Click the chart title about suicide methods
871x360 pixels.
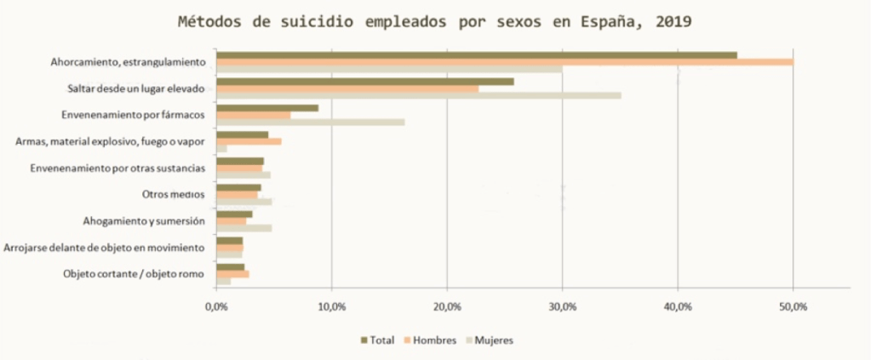pyautogui.click(x=434, y=21)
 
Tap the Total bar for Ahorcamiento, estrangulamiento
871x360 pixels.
pyautogui.click(x=476, y=55)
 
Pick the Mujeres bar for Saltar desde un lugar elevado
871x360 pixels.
pyautogui.click(x=418, y=95)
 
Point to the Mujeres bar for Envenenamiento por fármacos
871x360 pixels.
pyautogui.click(x=310, y=122)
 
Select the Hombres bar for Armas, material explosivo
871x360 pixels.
pyautogui.click(x=249, y=141)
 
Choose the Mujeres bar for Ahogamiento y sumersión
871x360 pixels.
pyautogui.click(x=244, y=228)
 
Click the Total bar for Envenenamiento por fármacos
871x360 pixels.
pyautogui.click(x=267, y=108)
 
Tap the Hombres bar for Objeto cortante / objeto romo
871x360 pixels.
pyautogui.click(x=232, y=274)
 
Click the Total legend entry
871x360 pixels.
pyautogui.click(x=378, y=340)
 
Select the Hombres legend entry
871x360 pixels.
pyautogui.click(x=433, y=340)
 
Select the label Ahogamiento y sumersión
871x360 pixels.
pyautogui.click(x=144, y=221)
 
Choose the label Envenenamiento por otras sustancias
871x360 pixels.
pyautogui.click(x=117, y=168)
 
